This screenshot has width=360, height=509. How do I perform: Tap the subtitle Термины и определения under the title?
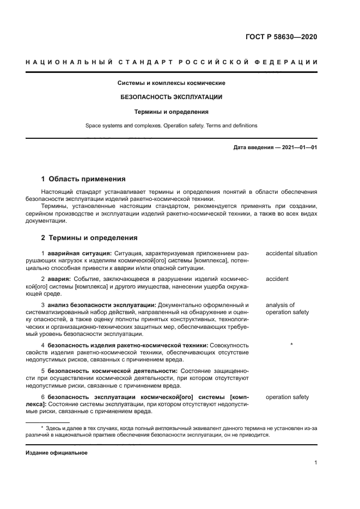[172, 112]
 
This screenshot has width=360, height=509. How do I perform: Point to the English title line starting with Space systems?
[172, 126]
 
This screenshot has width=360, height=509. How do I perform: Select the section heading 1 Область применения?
[83, 179]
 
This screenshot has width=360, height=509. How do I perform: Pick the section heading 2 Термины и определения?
[89, 237]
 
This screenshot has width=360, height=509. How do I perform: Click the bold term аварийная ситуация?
[80, 253]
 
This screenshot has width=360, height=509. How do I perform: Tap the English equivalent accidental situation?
[291, 253]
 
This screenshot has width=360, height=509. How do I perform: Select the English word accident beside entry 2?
[277, 279]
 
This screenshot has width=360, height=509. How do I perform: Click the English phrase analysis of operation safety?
[287, 309]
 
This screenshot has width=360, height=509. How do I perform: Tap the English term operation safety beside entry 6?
[287, 397]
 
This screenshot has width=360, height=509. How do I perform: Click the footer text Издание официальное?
[57, 453]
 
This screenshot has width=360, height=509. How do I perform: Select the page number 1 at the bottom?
[316, 463]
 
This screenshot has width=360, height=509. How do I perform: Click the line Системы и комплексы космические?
[172, 83]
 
